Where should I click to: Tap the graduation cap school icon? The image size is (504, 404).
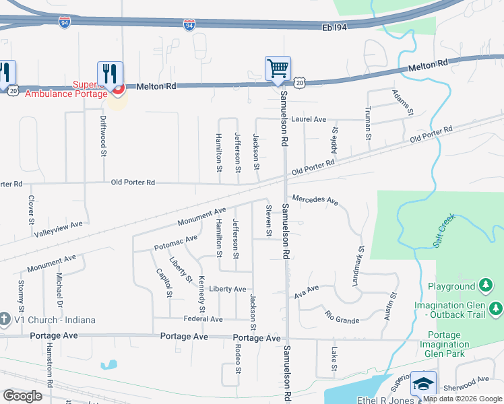(423, 384)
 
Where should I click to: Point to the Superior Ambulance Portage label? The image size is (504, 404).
(66, 90)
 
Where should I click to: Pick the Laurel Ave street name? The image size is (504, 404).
(309, 119)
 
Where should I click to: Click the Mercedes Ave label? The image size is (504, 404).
(315, 199)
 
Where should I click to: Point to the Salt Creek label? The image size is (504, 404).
(445, 230)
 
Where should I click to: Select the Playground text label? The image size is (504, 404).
(451, 286)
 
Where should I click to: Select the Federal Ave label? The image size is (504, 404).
(203, 318)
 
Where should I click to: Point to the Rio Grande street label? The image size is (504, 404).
(342, 317)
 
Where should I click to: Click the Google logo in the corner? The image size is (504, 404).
(22, 396)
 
